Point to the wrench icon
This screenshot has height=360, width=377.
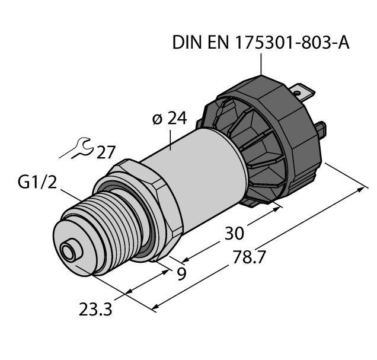pyautogui.click(x=78, y=149)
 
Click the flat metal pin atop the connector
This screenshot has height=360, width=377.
pyautogui.click(x=303, y=94)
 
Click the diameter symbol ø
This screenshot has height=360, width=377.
pyautogui.click(x=156, y=119)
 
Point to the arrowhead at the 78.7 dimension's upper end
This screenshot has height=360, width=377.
pyautogui.click(x=362, y=189)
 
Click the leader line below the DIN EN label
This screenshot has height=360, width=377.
pyautogui.click(x=260, y=63)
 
